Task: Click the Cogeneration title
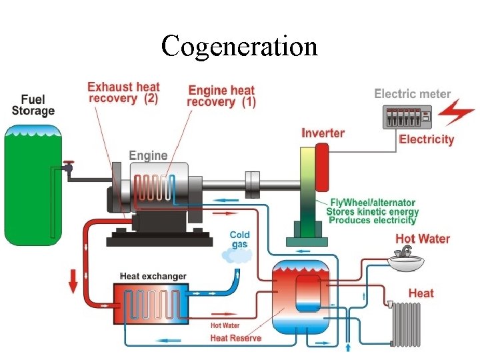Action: (239, 46)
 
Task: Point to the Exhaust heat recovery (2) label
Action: (123, 93)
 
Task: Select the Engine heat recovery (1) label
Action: (221, 96)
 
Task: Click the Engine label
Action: (148, 155)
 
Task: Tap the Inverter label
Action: (323, 133)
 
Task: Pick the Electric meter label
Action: (412, 94)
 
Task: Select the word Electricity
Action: (426, 139)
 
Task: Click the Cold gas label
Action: (239, 239)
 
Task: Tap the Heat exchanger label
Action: (153, 276)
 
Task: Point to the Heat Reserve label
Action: (235, 338)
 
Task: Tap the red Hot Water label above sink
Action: (423, 239)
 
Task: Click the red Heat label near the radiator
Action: (421, 293)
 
